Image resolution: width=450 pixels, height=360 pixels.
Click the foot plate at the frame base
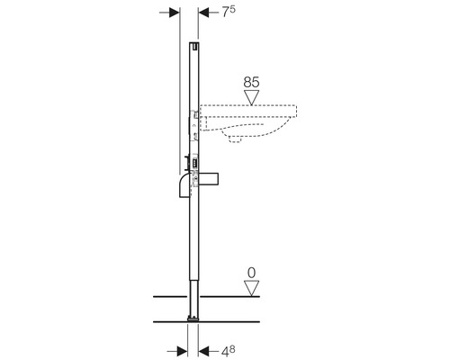193,319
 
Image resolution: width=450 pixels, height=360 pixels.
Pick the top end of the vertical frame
193,45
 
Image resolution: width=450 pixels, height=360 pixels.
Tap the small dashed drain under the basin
243,139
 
